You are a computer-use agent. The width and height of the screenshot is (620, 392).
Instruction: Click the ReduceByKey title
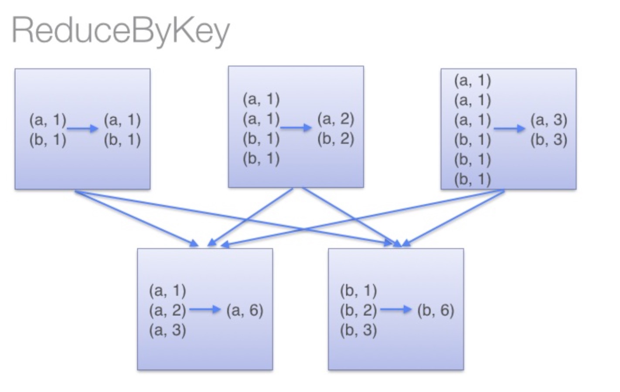point(120,30)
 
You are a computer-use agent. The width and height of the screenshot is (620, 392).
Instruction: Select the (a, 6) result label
point(245,310)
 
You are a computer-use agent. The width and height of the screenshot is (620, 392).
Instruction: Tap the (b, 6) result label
point(436,310)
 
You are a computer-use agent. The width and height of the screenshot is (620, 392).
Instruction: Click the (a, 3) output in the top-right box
point(548,120)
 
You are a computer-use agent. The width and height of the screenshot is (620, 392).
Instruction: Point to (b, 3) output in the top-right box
point(548,140)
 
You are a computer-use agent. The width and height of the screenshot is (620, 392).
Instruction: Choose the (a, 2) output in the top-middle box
point(335,118)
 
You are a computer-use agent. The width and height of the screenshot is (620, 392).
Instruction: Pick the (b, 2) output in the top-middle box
point(335,139)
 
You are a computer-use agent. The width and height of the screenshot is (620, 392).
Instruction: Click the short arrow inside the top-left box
point(83,128)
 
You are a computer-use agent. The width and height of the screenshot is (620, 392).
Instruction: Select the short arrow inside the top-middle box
point(296,128)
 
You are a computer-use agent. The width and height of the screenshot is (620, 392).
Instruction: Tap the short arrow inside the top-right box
point(509,128)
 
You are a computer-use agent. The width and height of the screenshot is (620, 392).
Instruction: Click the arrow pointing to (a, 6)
point(205,310)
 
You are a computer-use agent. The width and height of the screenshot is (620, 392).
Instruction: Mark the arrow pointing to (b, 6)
point(396,310)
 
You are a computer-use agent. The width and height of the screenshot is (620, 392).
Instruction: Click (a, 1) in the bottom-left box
point(167,291)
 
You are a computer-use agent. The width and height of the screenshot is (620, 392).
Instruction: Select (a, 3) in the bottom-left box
point(167,330)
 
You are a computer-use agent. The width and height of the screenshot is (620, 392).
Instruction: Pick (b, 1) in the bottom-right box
point(358,291)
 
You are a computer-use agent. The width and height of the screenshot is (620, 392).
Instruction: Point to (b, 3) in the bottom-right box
point(358,330)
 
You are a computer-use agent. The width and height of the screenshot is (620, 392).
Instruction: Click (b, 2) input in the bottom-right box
point(358,310)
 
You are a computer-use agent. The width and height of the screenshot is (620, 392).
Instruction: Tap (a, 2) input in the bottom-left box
point(167,310)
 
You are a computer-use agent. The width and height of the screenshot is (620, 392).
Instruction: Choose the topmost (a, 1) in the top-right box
point(473,81)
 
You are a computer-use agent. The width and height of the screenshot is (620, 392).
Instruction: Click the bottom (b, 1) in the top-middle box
point(261,159)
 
